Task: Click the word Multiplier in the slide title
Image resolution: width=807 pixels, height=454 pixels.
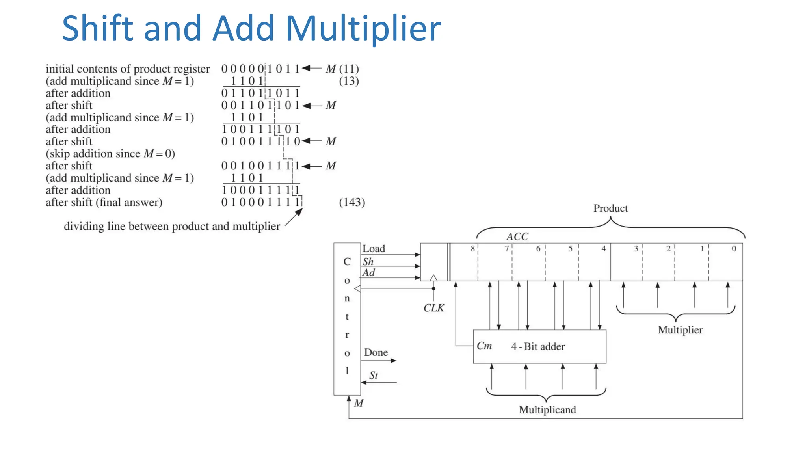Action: pyautogui.click(x=363, y=28)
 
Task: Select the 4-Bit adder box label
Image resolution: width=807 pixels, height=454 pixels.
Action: pyautogui.click(x=538, y=346)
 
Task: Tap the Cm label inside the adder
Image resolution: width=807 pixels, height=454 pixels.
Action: pyautogui.click(x=484, y=346)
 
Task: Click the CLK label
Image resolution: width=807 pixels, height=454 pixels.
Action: pyautogui.click(x=434, y=308)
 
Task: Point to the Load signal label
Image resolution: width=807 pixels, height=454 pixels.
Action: pyautogui.click(x=374, y=249)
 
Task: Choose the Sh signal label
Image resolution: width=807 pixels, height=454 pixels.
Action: pyautogui.click(x=368, y=262)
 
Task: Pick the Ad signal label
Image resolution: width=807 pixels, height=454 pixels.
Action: pyautogui.click(x=369, y=272)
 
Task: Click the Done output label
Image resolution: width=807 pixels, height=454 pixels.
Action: pyautogui.click(x=376, y=352)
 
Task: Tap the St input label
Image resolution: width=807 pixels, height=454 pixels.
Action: pyautogui.click(x=374, y=375)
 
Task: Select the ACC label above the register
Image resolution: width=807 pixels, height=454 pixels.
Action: pyautogui.click(x=517, y=236)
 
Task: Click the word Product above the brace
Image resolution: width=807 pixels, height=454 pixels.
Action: pyautogui.click(x=610, y=208)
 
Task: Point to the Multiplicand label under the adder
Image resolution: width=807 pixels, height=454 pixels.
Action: pyautogui.click(x=547, y=410)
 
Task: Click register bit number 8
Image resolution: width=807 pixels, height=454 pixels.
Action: pyautogui.click(x=472, y=249)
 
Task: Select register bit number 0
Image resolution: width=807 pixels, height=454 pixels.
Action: pyautogui.click(x=734, y=249)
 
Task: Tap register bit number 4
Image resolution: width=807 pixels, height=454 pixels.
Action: pyautogui.click(x=603, y=249)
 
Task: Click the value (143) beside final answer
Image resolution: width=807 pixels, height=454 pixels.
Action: pyautogui.click(x=352, y=202)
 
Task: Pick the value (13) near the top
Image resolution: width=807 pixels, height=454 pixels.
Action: pyautogui.click(x=349, y=81)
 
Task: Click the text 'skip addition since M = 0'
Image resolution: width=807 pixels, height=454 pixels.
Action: pyautogui.click(x=110, y=153)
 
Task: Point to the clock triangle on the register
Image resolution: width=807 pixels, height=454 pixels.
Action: pyautogui.click(x=433, y=278)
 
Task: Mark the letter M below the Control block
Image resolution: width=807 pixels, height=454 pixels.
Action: pyautogui.click(x=359, y=403)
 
